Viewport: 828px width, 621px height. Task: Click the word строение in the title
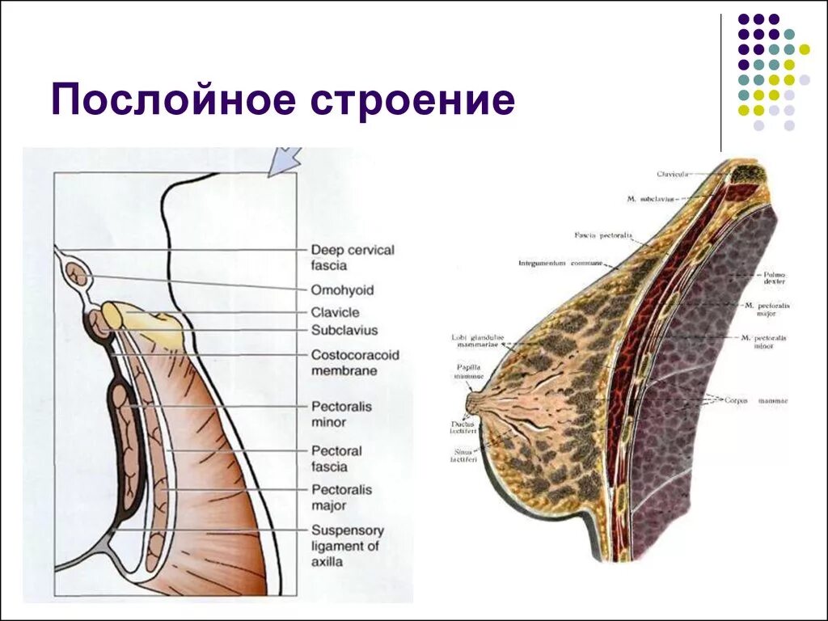pos(409,101)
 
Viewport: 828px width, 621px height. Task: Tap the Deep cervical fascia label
pos(353,257)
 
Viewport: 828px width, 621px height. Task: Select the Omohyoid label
pos(342,290)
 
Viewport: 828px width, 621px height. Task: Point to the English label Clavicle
pos(335,312)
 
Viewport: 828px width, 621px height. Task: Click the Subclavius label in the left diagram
pos(344,330)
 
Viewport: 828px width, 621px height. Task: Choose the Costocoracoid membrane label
pos(355,362)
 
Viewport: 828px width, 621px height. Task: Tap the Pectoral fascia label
pos(336,458)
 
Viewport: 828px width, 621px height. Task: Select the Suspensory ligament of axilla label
pos(348,545)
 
